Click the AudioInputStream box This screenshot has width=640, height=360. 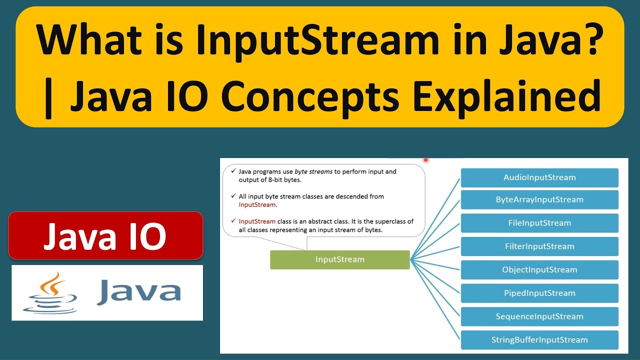[x=539, y=177]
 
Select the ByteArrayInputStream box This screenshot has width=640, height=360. [x=539, y=199]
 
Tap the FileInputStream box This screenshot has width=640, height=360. [x=539, y=223]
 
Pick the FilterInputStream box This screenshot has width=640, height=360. [x=539, y=246]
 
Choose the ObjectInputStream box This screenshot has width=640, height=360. [x=539, y=270]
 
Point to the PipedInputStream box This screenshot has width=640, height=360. [x=539, y=293]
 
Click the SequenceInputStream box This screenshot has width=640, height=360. [x=539, y=316]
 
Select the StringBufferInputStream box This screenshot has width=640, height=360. [x=539, y=340]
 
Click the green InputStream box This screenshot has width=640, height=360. [x=339, y=259]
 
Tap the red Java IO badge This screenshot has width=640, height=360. [x=105, y=235]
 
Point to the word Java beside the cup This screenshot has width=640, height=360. [x=138, y=292]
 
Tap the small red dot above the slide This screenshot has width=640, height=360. [x=426, y=160]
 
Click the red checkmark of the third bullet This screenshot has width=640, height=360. [x=233, y=221]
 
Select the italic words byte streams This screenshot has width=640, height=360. [x=313, y=171]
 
